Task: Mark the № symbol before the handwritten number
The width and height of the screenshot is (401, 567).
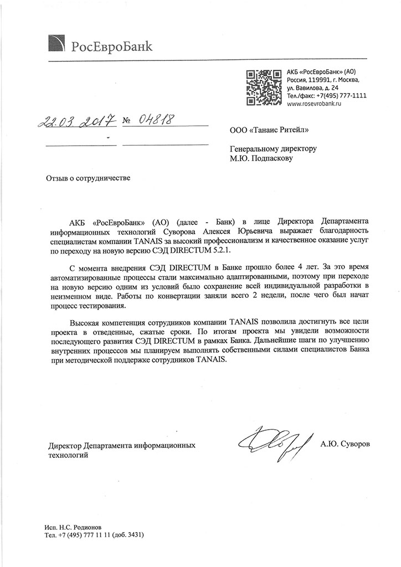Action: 126,120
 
